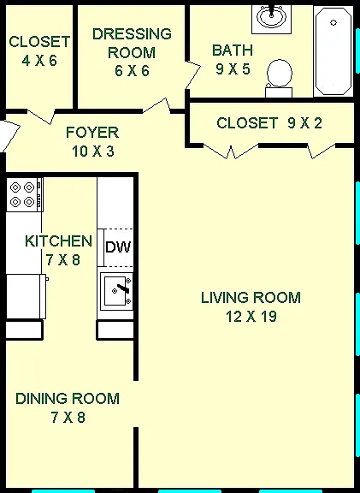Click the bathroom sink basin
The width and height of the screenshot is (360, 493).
(x=271, y=16)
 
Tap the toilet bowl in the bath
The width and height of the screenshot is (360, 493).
(x=280, y=74)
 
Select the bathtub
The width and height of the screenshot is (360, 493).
(x=333, y=51)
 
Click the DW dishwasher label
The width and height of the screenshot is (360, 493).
(x=118, y=247)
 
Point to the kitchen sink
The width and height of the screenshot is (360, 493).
(x=117, y=291)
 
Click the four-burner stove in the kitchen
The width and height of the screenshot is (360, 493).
(x=25, y=194)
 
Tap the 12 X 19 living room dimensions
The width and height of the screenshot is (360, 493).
(x=251, y=317)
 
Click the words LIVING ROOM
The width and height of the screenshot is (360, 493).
(x=251, y=298)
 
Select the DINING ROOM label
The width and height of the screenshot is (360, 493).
(x=68, y=399)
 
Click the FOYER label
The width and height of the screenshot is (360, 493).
(x=92, y=133)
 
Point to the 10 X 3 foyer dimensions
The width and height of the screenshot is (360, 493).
(x=93, y=151)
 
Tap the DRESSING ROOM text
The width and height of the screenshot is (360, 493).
(x=132, y=43)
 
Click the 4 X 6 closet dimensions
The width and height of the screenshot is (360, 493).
(x=39, y=61)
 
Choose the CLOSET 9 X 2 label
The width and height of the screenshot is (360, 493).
(x=269, y=122)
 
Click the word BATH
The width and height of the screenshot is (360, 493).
(x=233, y=50)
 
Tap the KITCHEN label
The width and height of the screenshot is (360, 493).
(x=58, y=241)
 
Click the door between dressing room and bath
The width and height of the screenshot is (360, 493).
(x=193, y=74)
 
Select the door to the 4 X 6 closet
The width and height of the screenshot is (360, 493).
(x=41, y=116)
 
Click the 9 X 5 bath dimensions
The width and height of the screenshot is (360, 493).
(x=233, y=68)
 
